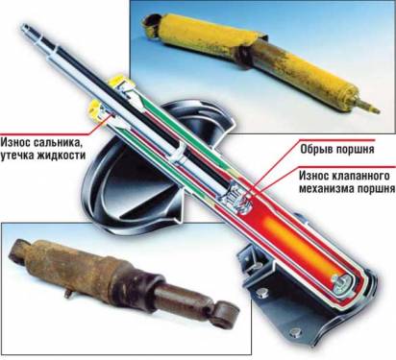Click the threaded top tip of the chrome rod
point(25,28)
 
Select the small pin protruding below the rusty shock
point(68,294)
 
